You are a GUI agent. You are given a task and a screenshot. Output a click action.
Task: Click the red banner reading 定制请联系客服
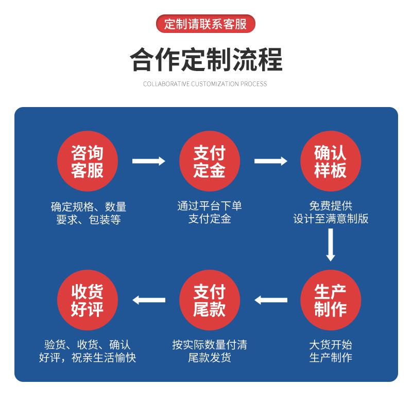click(205, 24)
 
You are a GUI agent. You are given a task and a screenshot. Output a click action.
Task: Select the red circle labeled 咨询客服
click(87, 161)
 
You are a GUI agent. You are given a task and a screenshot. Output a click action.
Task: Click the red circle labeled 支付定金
click(209, 161)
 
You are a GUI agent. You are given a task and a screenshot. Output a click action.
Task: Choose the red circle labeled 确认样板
click(331, 161)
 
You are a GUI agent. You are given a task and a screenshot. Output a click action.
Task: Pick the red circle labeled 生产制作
click(331, 300)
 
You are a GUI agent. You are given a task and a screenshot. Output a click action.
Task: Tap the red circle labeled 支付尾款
click(209, 300)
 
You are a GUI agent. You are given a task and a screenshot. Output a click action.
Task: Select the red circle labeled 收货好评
click(87, 300)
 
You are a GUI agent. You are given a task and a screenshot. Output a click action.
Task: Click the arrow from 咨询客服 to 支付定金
click(148, 161)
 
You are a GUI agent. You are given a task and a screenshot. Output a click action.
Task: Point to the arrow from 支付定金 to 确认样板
click(270, 161)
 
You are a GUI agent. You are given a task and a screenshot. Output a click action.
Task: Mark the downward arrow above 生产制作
click(331, 244)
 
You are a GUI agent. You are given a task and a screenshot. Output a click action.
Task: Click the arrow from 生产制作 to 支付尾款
click(270, 300)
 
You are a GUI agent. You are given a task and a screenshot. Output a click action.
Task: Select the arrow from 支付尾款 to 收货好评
click(148, 300)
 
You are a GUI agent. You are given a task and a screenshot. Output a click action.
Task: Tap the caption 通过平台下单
click(209, 206)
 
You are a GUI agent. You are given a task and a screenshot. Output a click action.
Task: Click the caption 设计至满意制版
click(331, 219)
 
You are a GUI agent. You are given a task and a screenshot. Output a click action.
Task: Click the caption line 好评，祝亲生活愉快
click(88, 358)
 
